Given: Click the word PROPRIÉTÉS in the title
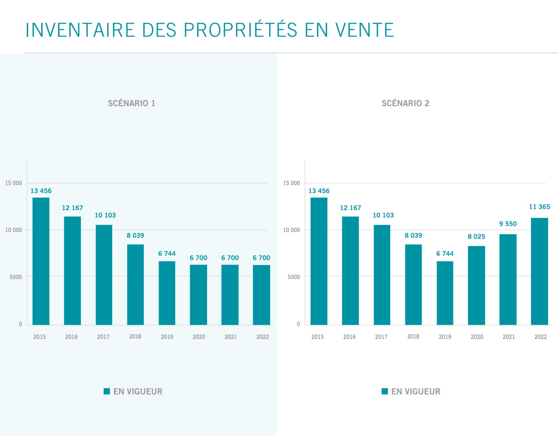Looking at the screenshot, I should (x=240, y=30).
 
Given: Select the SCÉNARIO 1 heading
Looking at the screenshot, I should (x=131, y=103).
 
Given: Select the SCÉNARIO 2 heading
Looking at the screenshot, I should (x=405, y=103).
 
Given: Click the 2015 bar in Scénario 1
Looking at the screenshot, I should (x=41, y=261).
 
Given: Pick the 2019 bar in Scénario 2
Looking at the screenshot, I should (x=445, y=293).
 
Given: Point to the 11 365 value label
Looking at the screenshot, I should (x=539, y=207).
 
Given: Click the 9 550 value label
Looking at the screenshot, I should (x=508, y=224).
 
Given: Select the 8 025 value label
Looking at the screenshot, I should (x=476, y=236).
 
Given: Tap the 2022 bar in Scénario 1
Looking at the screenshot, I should (x=261, y=295).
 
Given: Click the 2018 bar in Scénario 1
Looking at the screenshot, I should (x=135, y=285).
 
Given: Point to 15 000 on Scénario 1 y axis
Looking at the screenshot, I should (x=13, y=183).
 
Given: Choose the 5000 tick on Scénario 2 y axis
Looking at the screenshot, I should (x=294, y=277).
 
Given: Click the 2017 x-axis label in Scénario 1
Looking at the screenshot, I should (x=103, y=337).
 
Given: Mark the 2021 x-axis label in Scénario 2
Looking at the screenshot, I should (x=508, y=337).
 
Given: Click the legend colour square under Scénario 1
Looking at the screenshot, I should (x=107, y=391).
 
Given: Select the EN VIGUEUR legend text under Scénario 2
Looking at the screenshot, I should (x=416, y=392).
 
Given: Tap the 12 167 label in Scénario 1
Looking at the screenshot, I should (x=73, y=208).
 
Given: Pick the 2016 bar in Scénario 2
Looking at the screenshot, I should (x=350, y=271).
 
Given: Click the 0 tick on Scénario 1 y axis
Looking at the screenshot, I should (x=20, y=324).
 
